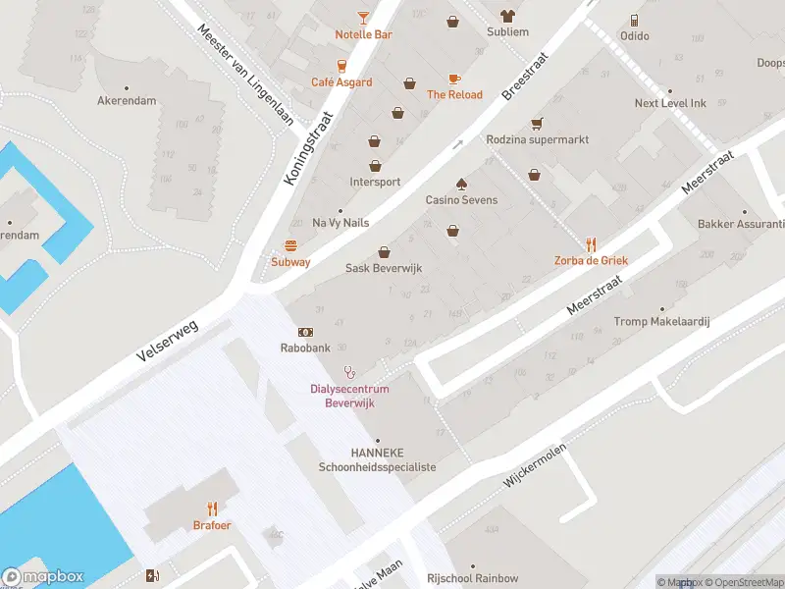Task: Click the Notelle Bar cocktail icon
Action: pos(363,17)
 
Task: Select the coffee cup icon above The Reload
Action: pos(454,78)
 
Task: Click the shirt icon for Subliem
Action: pos(507,16)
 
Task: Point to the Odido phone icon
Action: pos(635,20)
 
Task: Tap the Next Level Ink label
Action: pos(670,103)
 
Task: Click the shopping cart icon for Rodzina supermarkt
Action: pos(537,124)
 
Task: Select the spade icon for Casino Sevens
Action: pos(461,184)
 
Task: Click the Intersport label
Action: pos(375,182)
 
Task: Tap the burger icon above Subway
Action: pos(290,245)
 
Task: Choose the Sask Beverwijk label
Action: pos(383,268)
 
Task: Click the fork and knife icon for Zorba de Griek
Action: pos(591,244)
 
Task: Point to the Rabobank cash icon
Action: pos(306,333)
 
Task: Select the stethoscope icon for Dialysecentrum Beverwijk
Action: pos(349,372)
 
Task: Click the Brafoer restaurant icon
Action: pos(212,509)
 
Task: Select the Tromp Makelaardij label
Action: pos(660,322)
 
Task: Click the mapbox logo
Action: pos(44,576)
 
